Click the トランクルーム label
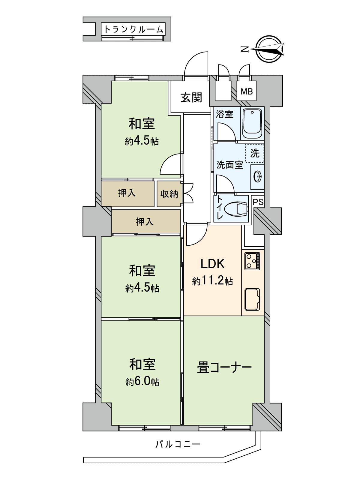tap(133, 29)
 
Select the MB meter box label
tap(247, 91)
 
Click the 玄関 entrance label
tap(191, 97)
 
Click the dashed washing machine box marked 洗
tap(255, 153)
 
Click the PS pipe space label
tap(258, 202)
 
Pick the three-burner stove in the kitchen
tap(253, 261)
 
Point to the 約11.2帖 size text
tap(212, 281)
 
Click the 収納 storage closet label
tap(169, 194)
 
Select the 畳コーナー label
tap(224, 368)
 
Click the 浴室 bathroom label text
tap(224, 114)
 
